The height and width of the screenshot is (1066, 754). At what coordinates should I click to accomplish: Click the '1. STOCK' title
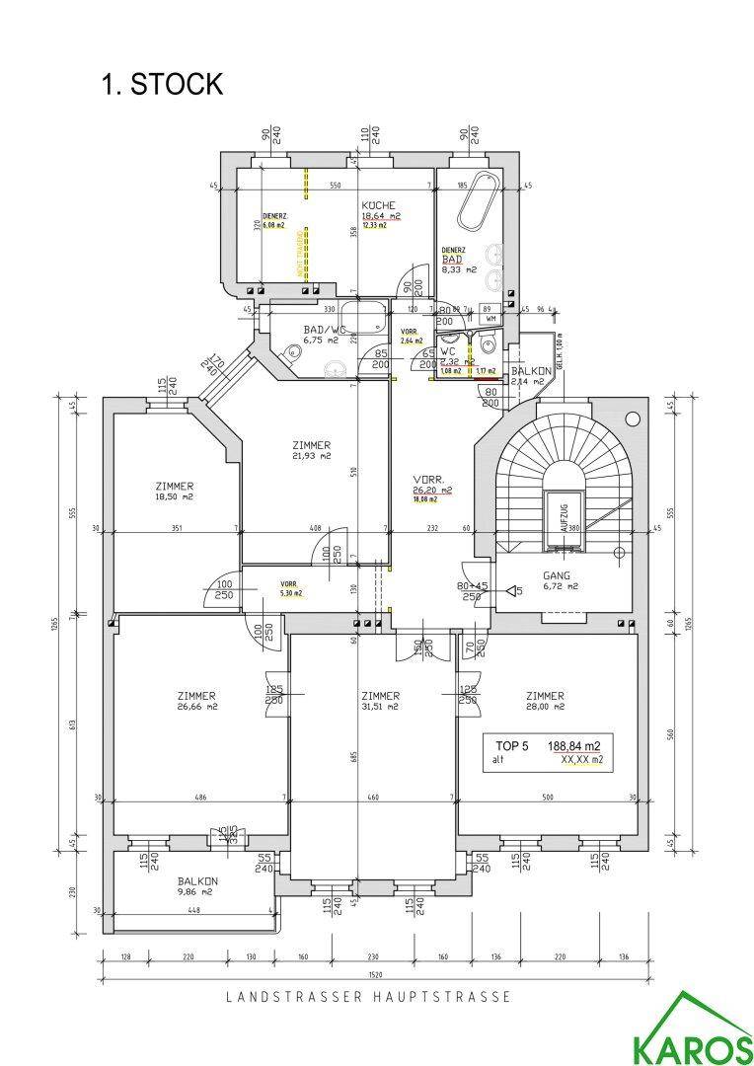point(162,85)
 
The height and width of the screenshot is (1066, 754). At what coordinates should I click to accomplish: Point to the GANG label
point(559,573)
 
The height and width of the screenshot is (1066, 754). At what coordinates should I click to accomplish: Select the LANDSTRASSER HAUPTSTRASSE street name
point(369,998)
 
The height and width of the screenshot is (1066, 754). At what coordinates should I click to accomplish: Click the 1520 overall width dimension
point(375,976)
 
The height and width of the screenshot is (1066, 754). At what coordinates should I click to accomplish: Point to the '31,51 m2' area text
point(380,707)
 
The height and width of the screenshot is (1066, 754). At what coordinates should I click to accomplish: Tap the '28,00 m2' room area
point(545,707)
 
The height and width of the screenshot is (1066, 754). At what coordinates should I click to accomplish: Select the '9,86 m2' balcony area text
point(197,891)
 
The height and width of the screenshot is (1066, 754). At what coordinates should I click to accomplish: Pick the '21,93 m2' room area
point(311,457)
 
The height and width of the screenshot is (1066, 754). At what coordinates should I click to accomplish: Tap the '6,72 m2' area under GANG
point(559,586)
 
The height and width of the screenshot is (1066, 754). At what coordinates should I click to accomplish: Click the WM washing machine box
point(490,320)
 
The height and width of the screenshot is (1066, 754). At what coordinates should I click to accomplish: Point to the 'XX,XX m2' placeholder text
point(581,761)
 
